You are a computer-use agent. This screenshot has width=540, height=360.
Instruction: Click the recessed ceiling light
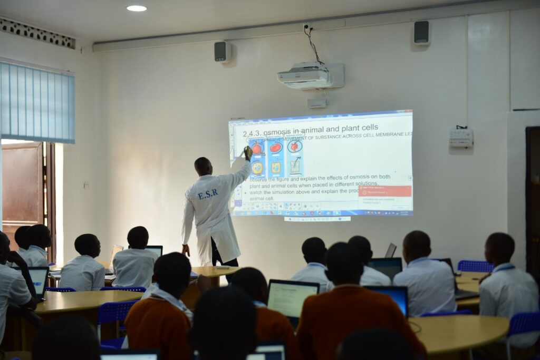(x=137, y=8)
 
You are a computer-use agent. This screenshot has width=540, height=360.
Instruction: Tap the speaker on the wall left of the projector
(x=222, y=52)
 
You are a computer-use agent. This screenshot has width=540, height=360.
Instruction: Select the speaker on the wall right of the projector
(x=421, y=33)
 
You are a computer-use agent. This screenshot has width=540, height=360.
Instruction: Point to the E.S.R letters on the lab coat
(x=208, y=194)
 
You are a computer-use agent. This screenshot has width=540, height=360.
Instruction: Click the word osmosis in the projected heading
(x=281, y=132)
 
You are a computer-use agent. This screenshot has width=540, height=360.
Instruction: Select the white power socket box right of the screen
(x=461, y=138)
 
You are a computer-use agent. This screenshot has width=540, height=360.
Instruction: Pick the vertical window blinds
(x=37, y=101)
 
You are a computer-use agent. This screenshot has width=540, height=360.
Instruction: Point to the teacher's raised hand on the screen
(x=248, y=153)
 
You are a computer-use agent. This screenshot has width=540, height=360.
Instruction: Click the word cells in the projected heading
(x=367, y=128)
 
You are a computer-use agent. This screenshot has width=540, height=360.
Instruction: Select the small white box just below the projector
(x=317, y=103)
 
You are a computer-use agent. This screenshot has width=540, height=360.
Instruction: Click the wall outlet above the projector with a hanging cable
(x=307, y=26)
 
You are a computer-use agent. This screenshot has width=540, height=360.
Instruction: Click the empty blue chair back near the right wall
(x=474, y=266)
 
